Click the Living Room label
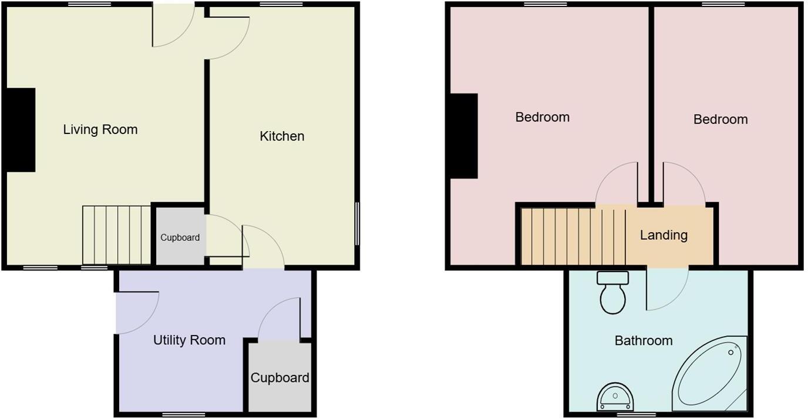click(x=100, y=129)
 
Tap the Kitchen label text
click(x=282, y=136)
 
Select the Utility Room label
click(x=189, y=340)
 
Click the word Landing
click(x=664, y=236)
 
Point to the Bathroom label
click(x=644, y=341)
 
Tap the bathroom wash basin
click(x=615, y=398)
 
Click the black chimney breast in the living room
click(x=21, y=130)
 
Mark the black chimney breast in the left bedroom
click(x=464, y=136)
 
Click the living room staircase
click(x=117, y=235)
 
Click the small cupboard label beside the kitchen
click(x=180, y=238)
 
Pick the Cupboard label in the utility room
click(x=280, y=378)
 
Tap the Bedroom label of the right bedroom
click(x=721, y=120)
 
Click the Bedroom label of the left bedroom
click(x=542, y=118)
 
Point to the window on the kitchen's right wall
click(x=358, y=224)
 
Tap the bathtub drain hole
click(x=731, y=352)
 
